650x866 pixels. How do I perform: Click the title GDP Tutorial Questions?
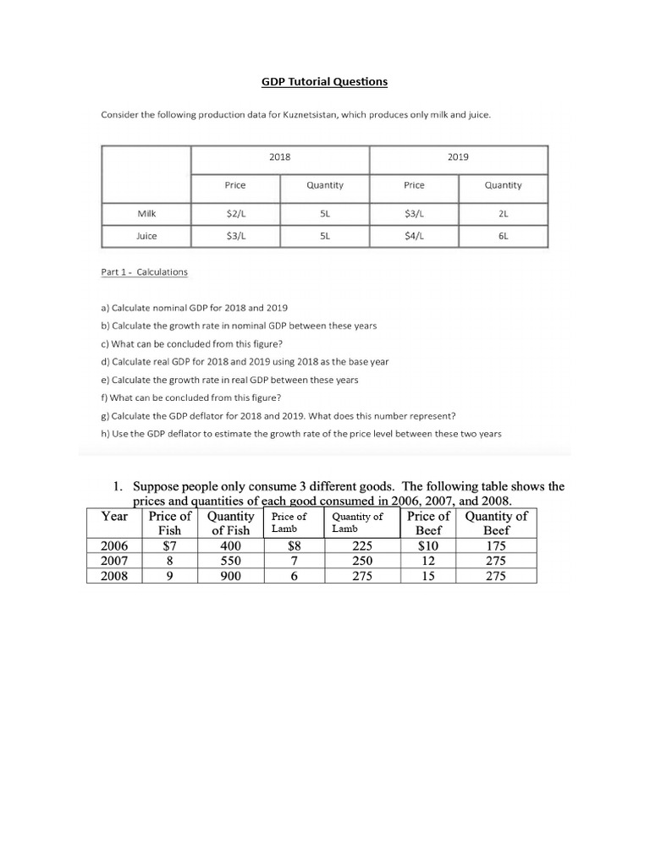click(x=324, y=82)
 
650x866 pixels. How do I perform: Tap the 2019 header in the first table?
click(x=458, y=157)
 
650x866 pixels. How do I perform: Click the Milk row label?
click(x=146, y=214)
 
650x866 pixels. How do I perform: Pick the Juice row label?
click(x=146, y=236)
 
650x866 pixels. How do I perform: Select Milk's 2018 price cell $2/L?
click(x=235, y=214)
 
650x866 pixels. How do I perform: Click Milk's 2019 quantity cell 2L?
click(x=504, y=214)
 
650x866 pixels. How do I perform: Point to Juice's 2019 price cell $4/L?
click(x=414, y=236)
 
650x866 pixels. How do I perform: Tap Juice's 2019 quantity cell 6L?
click(x=504, y=236)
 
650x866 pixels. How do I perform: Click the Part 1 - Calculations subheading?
click(x=144, y=272)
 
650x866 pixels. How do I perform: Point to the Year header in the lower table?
click(x=114, y=516)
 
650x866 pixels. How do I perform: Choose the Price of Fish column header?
click(x=170, y=523)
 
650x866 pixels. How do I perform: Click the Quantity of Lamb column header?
click(x=357, y=523)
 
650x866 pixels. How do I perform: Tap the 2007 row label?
click(x=114, y=561)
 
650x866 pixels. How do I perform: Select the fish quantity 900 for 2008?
click(x=230, y=576)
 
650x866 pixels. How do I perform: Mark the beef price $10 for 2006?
click(x=428, y=546)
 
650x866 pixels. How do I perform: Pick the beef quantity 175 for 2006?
click(x=496, y=546)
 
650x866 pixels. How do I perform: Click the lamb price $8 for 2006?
click(x=292, y=546)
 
